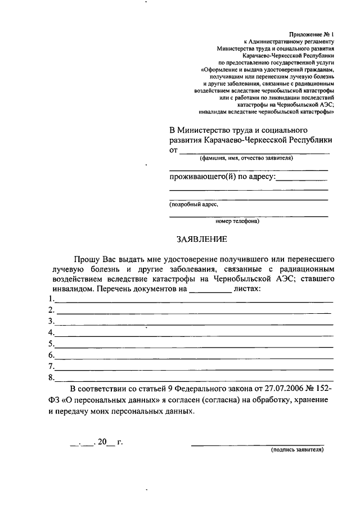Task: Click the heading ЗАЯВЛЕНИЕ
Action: pos(201,239)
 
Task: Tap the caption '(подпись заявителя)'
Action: pos(297,450)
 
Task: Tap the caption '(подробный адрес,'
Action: pos(193,205)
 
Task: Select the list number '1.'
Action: pos(52,298)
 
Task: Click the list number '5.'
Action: pos(52,343)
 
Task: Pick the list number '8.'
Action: pos(52,377)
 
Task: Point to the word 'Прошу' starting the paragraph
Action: pos(87,259)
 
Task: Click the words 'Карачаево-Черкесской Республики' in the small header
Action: pos(289,56)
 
